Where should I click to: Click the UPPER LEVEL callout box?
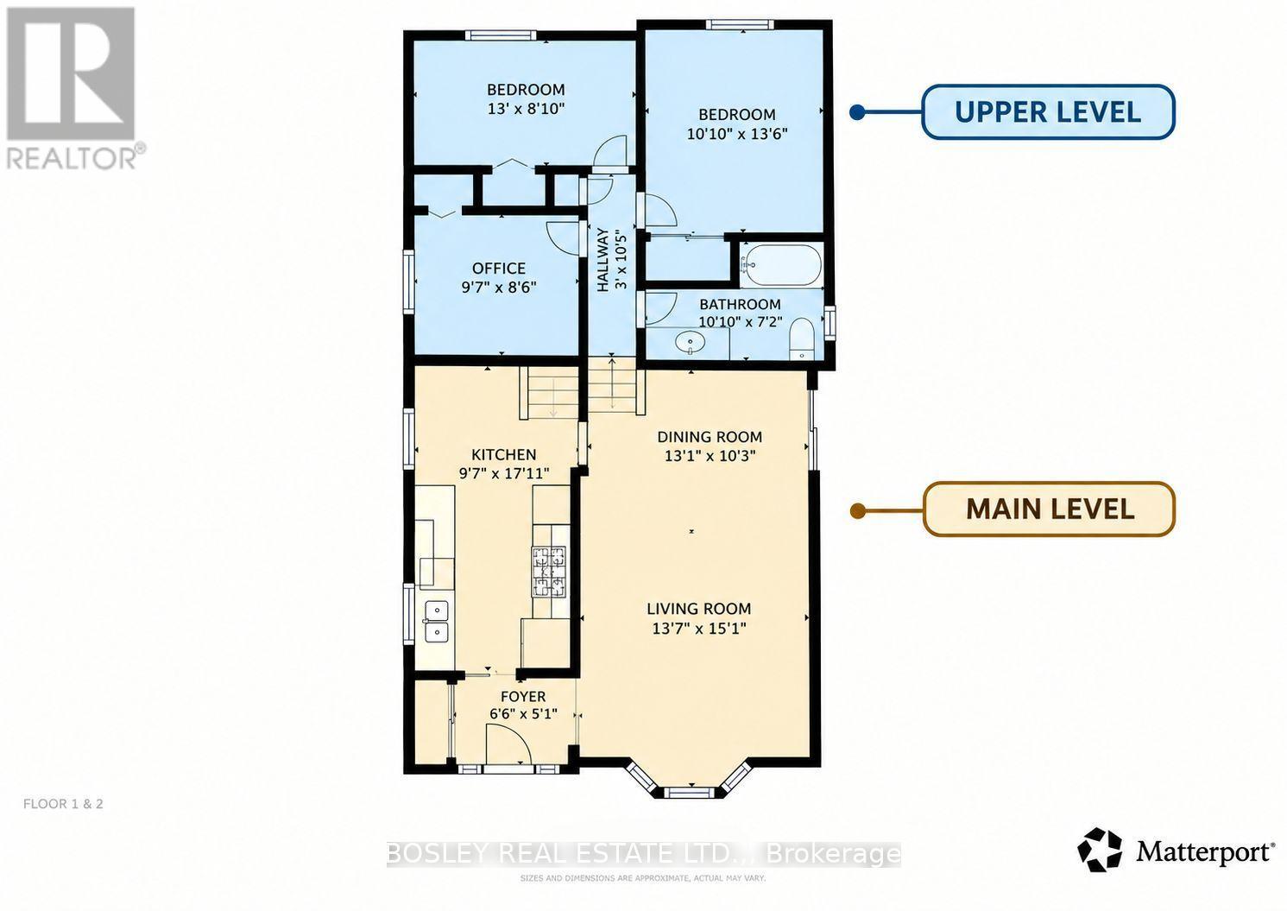pyautogui.click(x=1048, y=111)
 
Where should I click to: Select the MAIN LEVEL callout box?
pyautogui.click(x=1049, y=509)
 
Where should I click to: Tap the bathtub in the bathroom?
pyautogui.click(x=781, y=265)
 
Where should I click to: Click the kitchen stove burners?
pyautogui.click(x=549, y=572)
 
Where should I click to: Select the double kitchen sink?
pyautogui.click(x=437, y=622)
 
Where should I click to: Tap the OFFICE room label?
pyautogui.click(x=499, y=269)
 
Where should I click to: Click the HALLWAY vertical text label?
pyautogui.click(x=602, y=260)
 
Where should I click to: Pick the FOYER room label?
pyautogui.click(x=523, y=697)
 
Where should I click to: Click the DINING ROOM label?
pyautogui.click(x=710, y=437)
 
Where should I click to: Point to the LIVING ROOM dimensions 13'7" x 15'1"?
pyautogui.click(x=698, y=628)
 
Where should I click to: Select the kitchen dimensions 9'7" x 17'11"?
pyautogui.click(x=504, y=473)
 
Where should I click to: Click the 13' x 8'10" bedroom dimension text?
pyautogui.click(x=527, y=108)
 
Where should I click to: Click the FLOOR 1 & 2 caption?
pyautogui.click(x=63, y=804)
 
